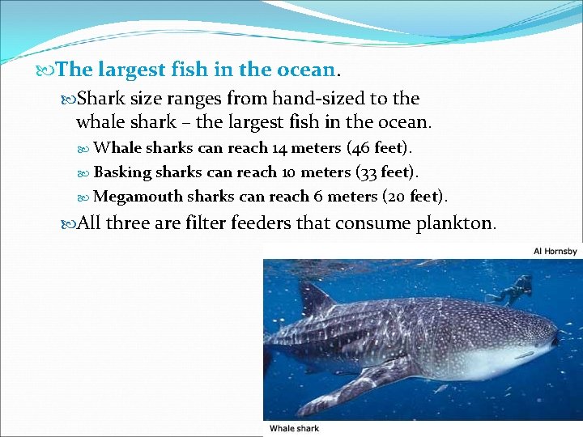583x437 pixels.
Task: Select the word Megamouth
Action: pos(138,197)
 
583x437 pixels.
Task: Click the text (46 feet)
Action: pos(379,148)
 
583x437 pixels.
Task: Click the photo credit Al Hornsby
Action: pos(555,251)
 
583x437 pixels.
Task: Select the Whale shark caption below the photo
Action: pos(294,429)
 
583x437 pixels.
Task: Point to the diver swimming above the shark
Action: pos(513,290)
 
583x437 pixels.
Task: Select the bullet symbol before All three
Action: pos(68,223)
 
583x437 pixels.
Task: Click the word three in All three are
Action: pos(127,223)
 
